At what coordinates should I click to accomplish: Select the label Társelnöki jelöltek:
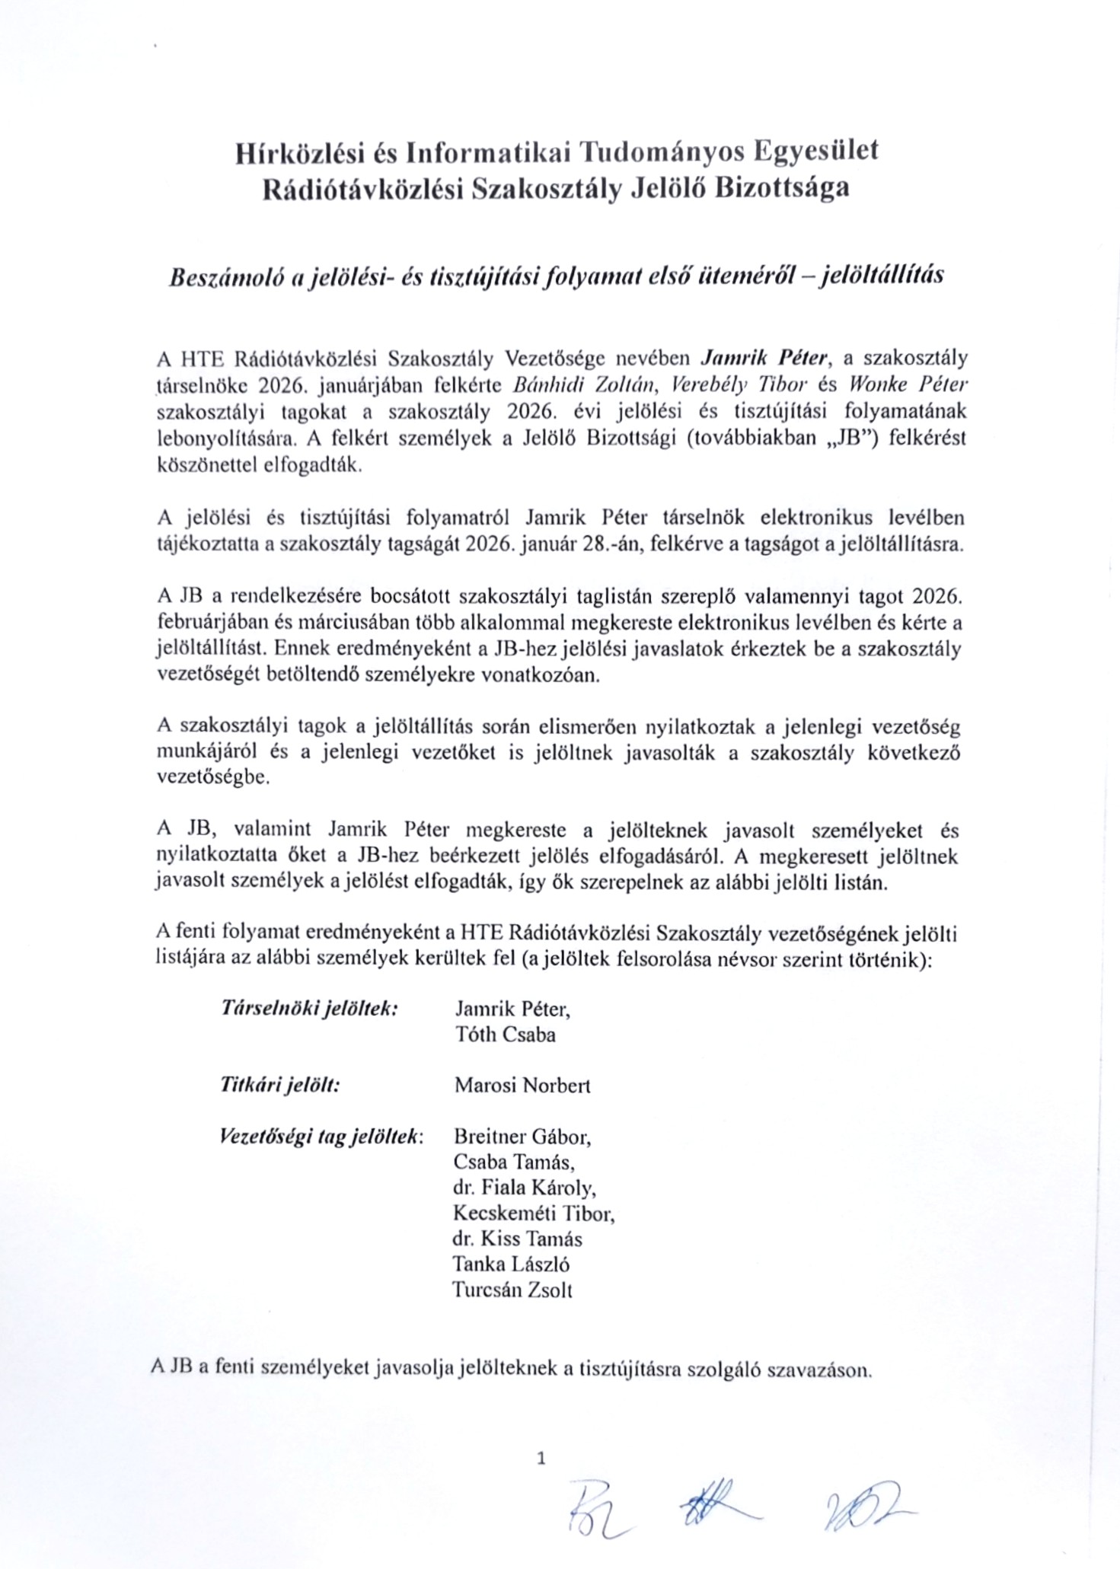(308, 1009)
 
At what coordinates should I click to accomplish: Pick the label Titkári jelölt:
(279, 1085)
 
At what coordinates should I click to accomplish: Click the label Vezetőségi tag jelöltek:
(321, 1137)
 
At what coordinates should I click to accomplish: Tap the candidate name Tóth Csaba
(505, 1035)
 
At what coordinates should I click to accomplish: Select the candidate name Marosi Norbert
(522, 1085)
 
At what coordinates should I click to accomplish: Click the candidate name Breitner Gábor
(522, 1137)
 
